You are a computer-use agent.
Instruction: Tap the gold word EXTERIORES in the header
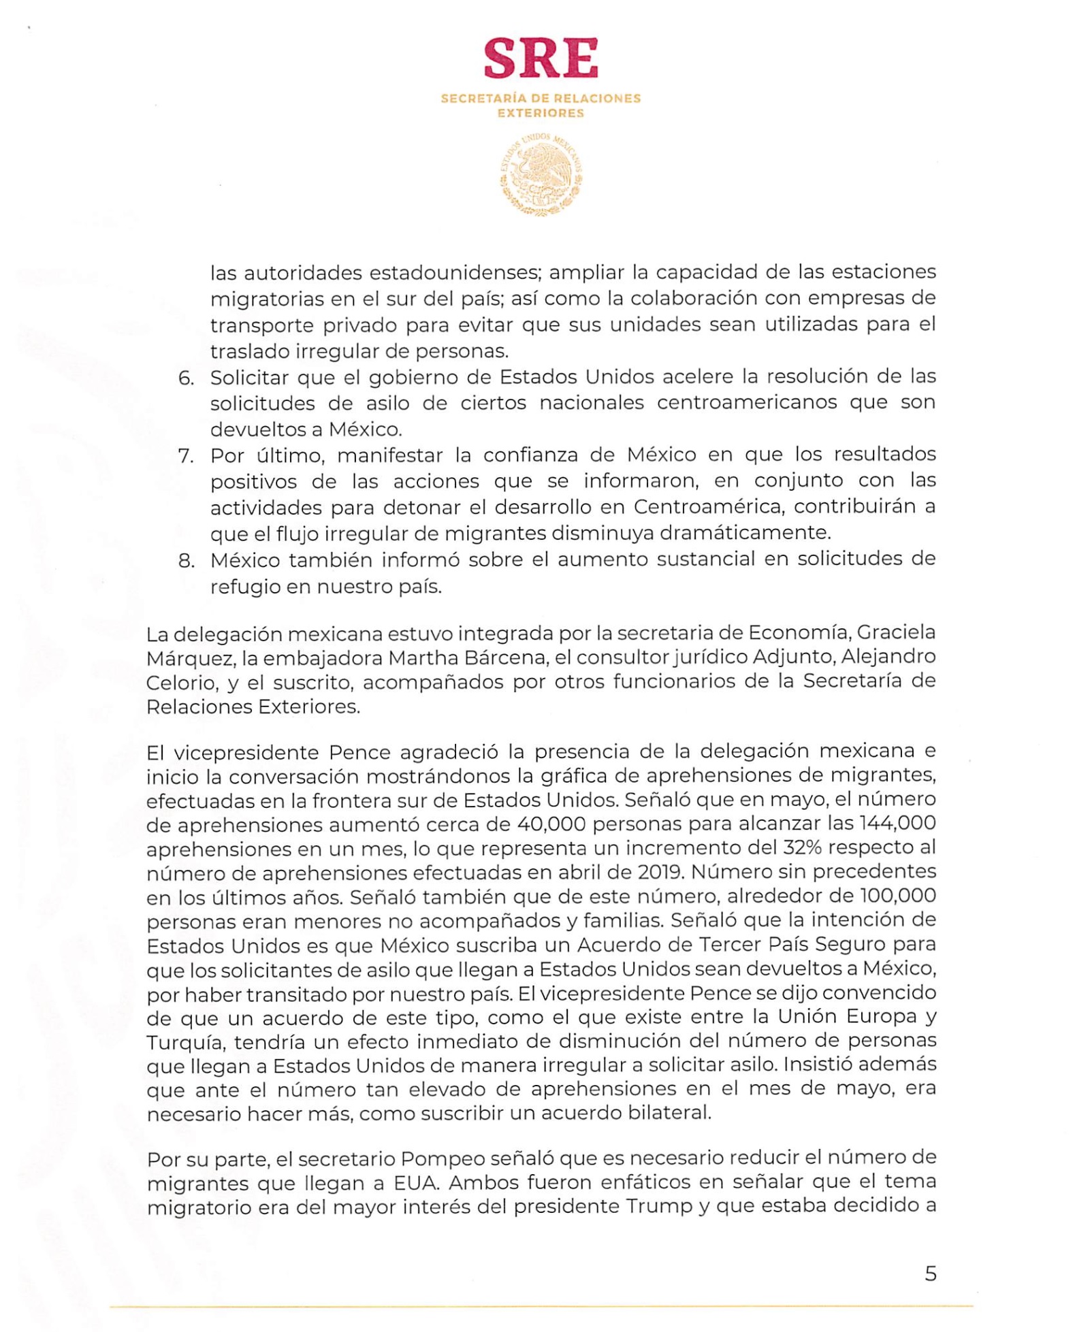tap(541, 114)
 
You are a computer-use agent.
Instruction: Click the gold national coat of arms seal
tap(541, 176)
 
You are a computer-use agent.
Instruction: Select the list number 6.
tap(186, 378)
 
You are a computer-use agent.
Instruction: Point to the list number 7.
tap(186, 456)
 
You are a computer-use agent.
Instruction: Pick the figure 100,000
tap(897, 896)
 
